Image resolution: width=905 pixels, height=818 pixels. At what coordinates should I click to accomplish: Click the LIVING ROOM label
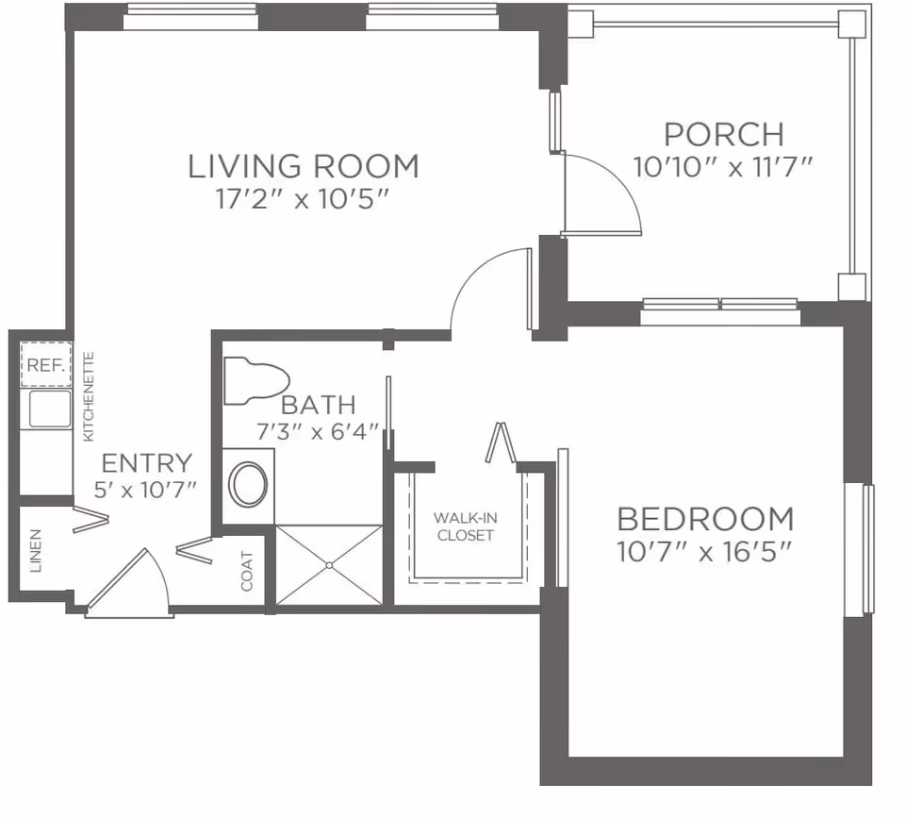click(303, 166)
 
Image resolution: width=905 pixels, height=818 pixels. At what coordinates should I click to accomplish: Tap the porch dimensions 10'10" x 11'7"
click(723, 167)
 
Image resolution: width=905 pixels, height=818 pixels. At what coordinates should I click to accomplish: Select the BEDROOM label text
click(704, 519)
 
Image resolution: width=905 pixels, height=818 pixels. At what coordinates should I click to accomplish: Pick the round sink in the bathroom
click(250, 483)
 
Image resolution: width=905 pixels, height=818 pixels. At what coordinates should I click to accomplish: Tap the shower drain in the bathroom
click(329, 565)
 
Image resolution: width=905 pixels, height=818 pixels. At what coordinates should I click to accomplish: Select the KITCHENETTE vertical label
click(89, 397)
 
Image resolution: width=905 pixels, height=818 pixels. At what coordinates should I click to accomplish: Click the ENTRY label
click(146, 463)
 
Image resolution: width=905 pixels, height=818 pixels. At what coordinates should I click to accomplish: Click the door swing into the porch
click(603, 193)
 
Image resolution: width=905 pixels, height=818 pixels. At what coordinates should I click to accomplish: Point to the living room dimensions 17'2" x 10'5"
click(303, 200)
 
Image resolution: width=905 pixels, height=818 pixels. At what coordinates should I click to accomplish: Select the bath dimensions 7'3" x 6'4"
click(318, 432)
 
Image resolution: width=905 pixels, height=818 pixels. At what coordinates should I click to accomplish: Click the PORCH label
click(723, 134)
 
